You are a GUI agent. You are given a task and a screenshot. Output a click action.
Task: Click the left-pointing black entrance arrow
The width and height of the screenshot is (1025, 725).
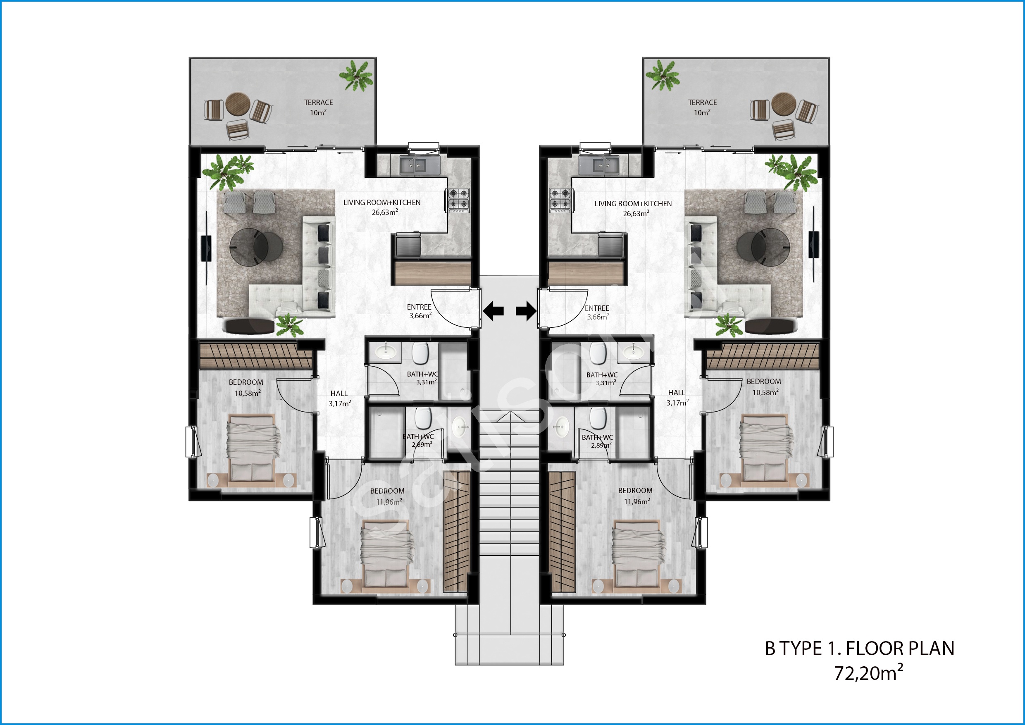tap(493, 311)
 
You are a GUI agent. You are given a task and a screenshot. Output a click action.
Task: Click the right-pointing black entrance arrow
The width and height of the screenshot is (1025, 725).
tap(526, 311)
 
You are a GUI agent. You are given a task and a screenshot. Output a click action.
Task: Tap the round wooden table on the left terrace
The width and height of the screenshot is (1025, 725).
tap(237, 105)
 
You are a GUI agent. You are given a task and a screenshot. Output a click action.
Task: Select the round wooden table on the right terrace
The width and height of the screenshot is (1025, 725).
tap(784, 105)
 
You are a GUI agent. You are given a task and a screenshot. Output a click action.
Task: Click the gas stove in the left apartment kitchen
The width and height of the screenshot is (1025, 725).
tap(459, 200)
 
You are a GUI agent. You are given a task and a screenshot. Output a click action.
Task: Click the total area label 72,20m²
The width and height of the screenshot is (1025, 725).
tap(868, 673)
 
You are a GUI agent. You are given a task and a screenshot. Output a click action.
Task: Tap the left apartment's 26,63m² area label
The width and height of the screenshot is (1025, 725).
tap(385, 212)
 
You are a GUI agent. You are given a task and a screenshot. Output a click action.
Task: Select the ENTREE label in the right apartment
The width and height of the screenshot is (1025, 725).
tap(597, 308)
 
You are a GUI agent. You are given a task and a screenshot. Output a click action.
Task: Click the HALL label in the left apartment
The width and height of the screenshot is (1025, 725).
tap(339, 394)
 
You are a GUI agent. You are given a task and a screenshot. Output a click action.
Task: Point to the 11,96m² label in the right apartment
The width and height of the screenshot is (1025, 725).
tap(636, 501)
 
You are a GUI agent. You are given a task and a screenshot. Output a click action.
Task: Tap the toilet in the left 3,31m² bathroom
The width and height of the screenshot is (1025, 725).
tap(420, 353)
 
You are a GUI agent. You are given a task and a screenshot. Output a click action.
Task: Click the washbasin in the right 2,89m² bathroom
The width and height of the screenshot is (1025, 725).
tap(560, 427)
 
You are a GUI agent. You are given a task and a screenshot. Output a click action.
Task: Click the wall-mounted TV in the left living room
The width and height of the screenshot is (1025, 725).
tap(206, 248)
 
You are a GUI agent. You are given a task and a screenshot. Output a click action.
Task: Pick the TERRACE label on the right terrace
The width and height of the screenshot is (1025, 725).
tap(702, 102)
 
